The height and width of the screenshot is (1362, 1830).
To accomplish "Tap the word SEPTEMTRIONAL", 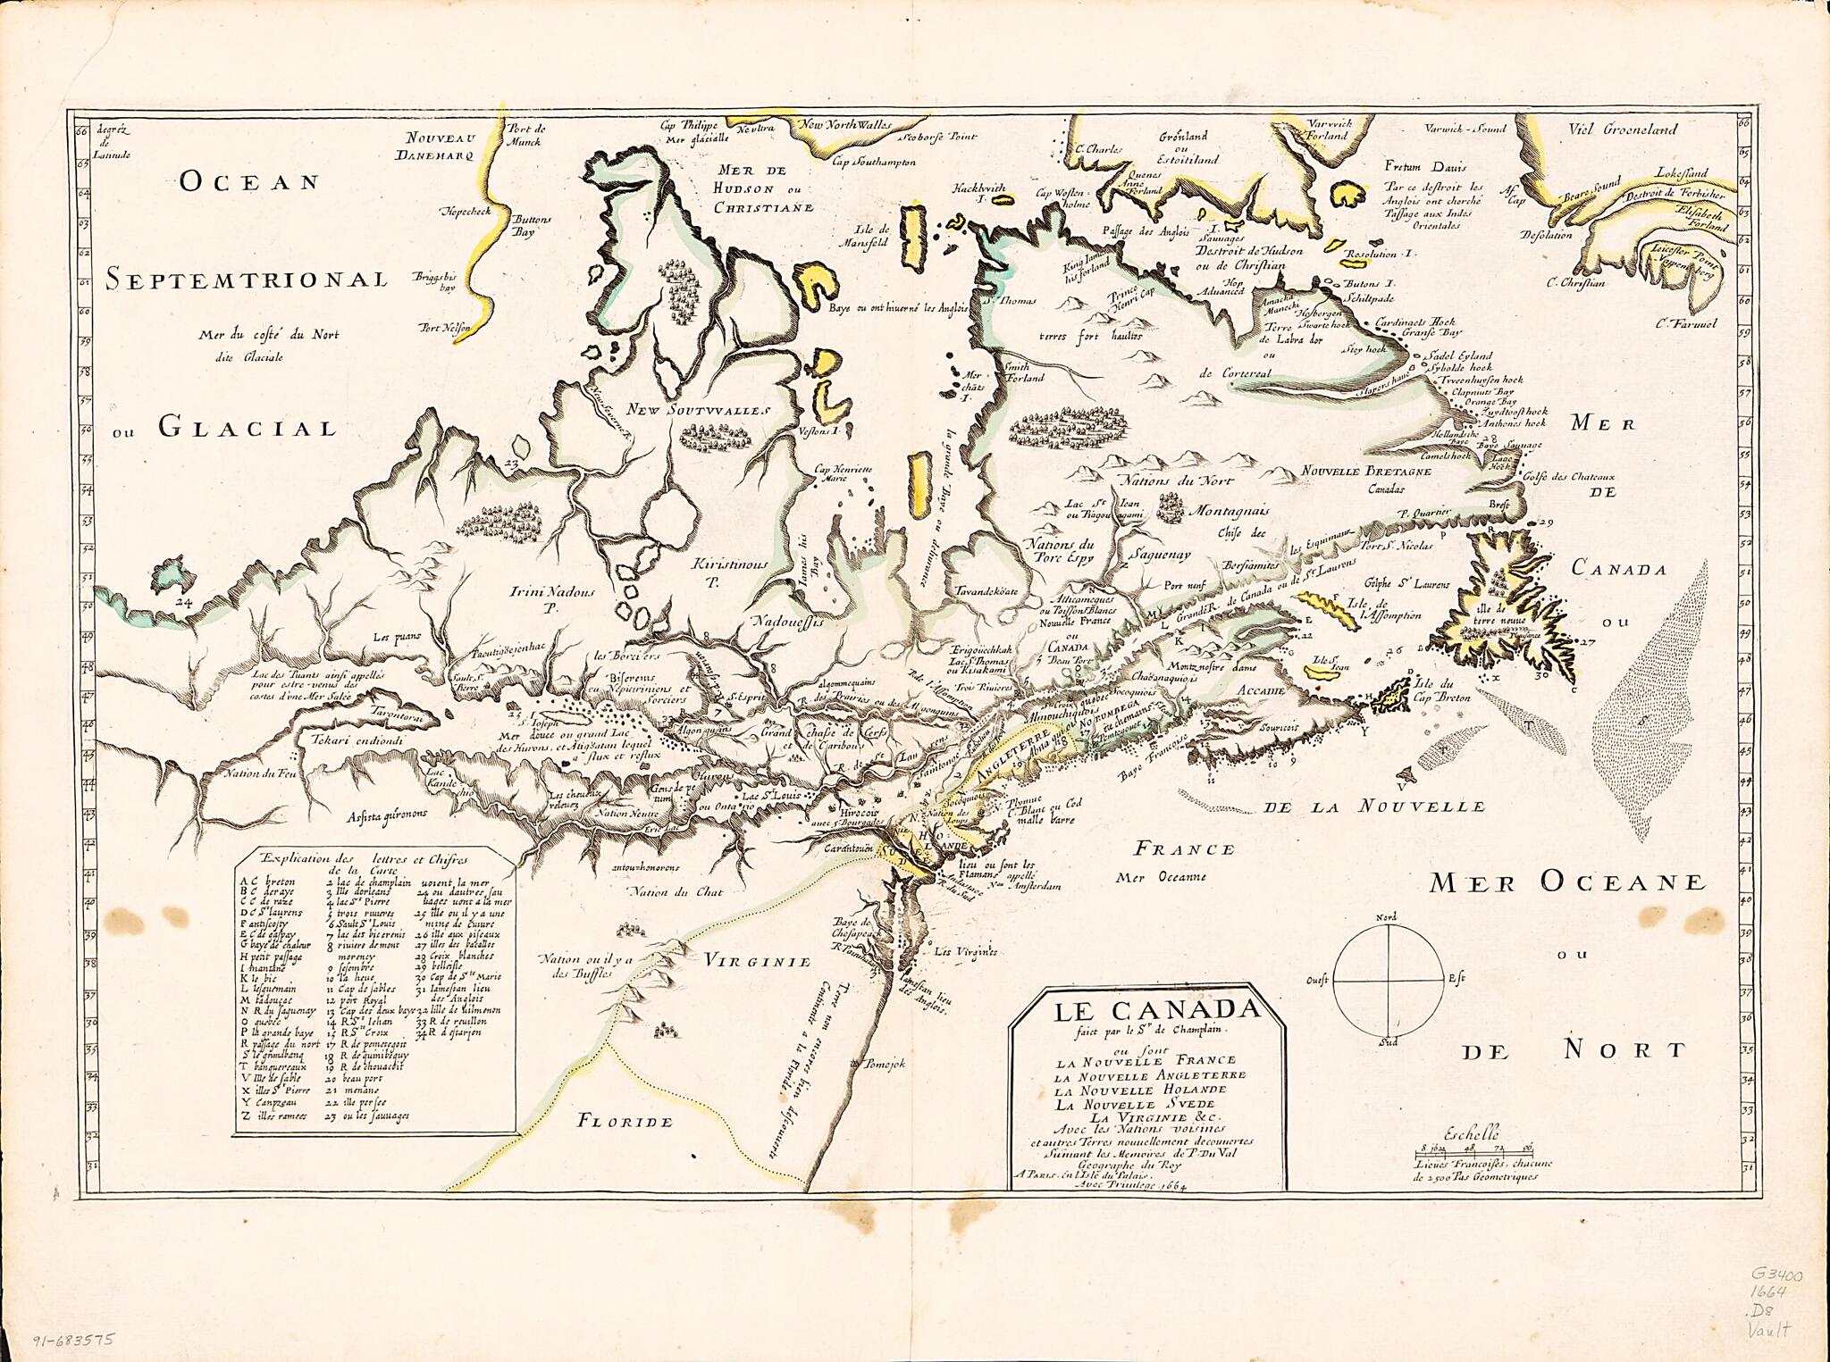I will (x=246, y=280).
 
